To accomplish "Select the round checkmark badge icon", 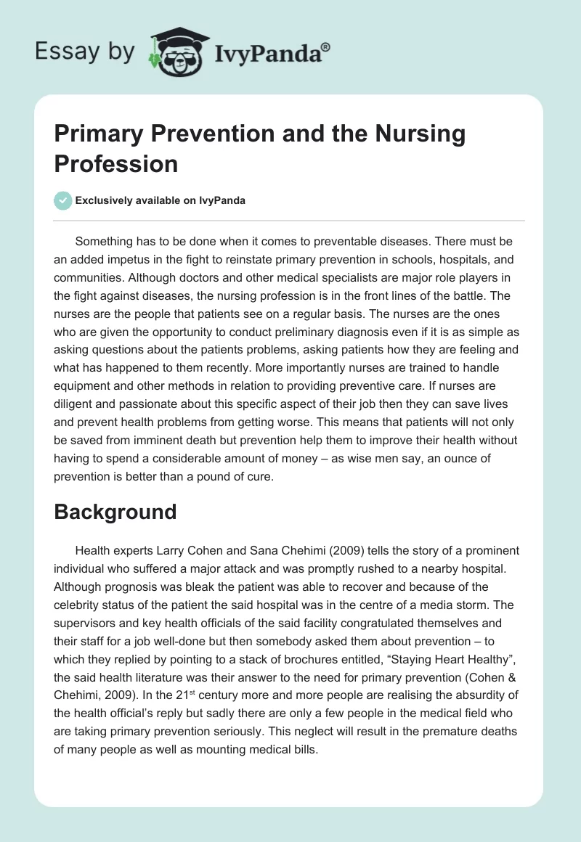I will [62, 200].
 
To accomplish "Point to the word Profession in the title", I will [115, 163].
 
